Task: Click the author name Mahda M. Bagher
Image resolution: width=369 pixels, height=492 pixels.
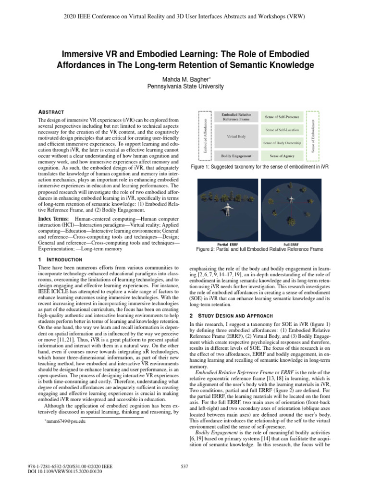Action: (184, 78)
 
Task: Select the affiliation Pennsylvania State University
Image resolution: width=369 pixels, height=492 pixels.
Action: (184, 86)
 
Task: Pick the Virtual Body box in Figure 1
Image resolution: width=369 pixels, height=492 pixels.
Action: (236, 136)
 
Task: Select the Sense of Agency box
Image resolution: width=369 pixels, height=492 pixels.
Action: (282, 156)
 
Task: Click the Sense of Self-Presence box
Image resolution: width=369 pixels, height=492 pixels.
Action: (282, 117)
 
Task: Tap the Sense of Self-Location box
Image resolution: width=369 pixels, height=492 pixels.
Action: (282, 130)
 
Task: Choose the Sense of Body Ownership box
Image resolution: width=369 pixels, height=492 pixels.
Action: (282, 143)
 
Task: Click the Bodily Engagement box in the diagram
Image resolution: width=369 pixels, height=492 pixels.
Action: (236, 156)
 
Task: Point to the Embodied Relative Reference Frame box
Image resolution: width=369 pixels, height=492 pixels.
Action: (236, 117)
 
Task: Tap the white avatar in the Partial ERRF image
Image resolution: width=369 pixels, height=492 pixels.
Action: (227, 210)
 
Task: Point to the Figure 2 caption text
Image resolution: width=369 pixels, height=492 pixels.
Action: (260, 249)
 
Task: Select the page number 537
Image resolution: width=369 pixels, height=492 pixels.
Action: (184, 466)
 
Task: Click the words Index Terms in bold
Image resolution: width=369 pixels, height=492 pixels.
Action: (53, 219)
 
